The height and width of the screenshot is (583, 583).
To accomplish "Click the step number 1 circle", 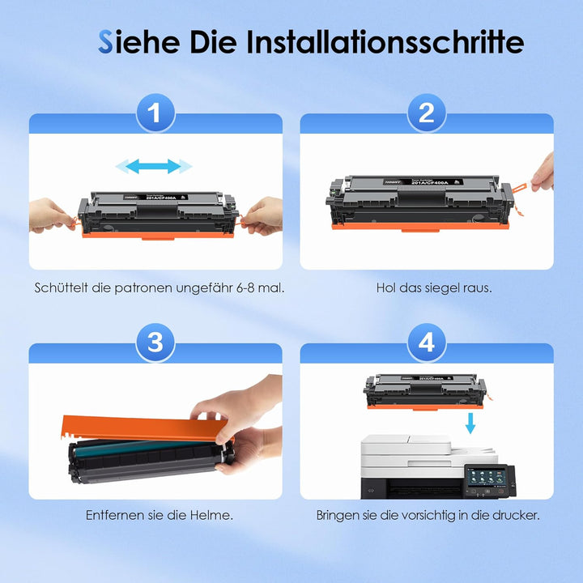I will coord(155,115).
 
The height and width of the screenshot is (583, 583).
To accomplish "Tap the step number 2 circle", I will coord(427,115).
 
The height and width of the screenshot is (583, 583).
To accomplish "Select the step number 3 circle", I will coord(155,344).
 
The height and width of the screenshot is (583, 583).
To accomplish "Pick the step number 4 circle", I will coord(427,344).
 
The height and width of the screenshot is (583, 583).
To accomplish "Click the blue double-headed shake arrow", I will coord(154,167).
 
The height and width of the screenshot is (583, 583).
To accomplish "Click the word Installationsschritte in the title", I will coord(385,42).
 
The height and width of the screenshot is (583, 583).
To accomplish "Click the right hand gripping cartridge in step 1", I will coord(263,215).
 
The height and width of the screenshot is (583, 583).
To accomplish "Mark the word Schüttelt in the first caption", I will coord(60,287).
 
